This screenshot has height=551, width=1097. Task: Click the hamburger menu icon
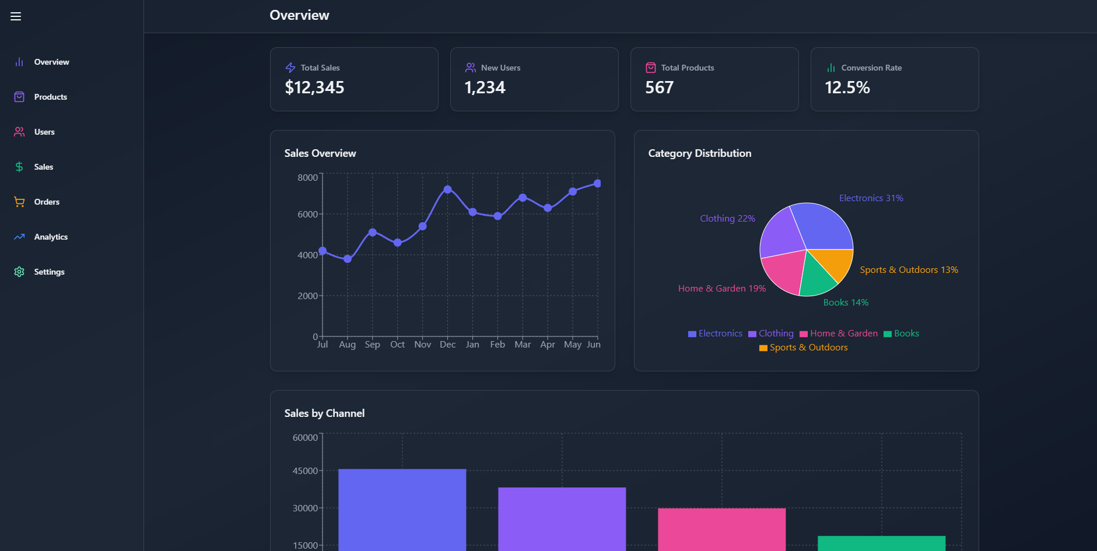coord(16,16)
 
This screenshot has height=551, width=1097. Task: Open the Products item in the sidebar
coord(50,97)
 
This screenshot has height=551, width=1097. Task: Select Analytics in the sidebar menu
coord(51,237)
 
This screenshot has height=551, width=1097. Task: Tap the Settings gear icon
coord(19,272)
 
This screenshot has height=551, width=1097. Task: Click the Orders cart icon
coord(19,202)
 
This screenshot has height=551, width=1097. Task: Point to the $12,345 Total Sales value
coord(314,87)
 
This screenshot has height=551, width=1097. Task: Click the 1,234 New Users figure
coord(485,87)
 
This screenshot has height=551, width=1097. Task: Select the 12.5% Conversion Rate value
coord(847,87)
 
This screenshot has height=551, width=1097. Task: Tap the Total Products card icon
coord(650,68)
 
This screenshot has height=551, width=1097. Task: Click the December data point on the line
coord(447,189)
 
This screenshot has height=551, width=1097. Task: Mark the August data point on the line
coord(348,259)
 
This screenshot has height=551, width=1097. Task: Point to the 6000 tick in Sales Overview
coord(307,215)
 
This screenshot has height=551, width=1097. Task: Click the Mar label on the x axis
coord(523,345)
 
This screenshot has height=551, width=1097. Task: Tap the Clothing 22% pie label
coord(727,219)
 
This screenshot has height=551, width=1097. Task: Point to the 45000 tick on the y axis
coord(305,471)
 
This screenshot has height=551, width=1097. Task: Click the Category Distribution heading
coord(699,153)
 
